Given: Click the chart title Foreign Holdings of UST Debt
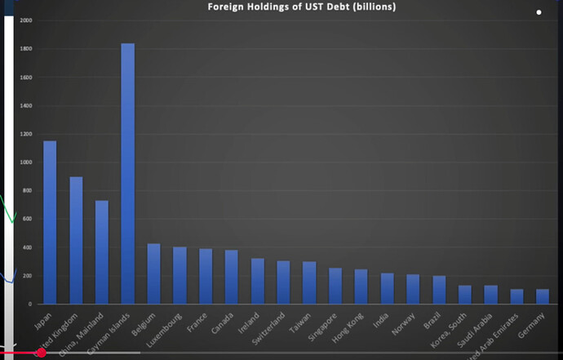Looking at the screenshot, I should click(302, 7).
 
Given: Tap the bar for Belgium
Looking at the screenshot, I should click(153, 273).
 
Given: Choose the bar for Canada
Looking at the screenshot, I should click(232, 277).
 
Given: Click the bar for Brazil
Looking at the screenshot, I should click(440, 290).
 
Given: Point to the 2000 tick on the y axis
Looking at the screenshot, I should click(26, 20).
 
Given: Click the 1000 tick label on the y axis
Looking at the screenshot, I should click(26, 162).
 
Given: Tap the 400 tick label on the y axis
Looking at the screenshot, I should click(27, 247).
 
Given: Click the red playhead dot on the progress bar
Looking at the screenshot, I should click(41, 353).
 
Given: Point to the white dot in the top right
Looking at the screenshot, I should click(539, 12).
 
